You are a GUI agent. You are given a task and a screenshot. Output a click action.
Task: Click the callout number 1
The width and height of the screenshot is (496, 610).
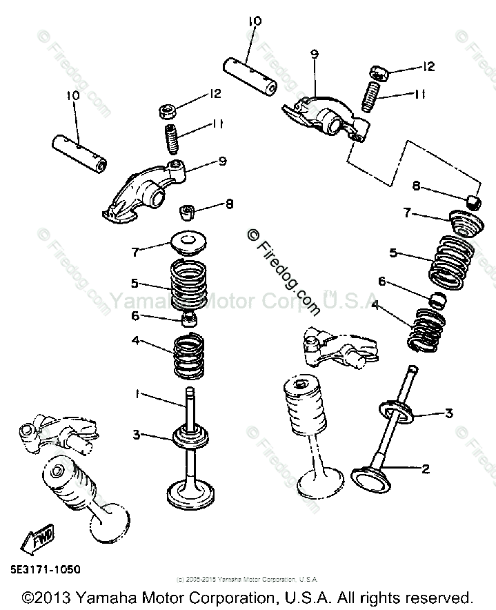138,393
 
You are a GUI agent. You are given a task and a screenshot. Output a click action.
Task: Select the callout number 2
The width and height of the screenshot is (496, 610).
426,469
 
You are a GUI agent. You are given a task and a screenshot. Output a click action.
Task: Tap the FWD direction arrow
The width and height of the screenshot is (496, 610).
32,540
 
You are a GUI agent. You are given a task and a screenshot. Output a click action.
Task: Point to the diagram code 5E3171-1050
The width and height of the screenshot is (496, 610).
41,570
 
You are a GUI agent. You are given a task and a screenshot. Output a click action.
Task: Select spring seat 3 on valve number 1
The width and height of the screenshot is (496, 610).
189,436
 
